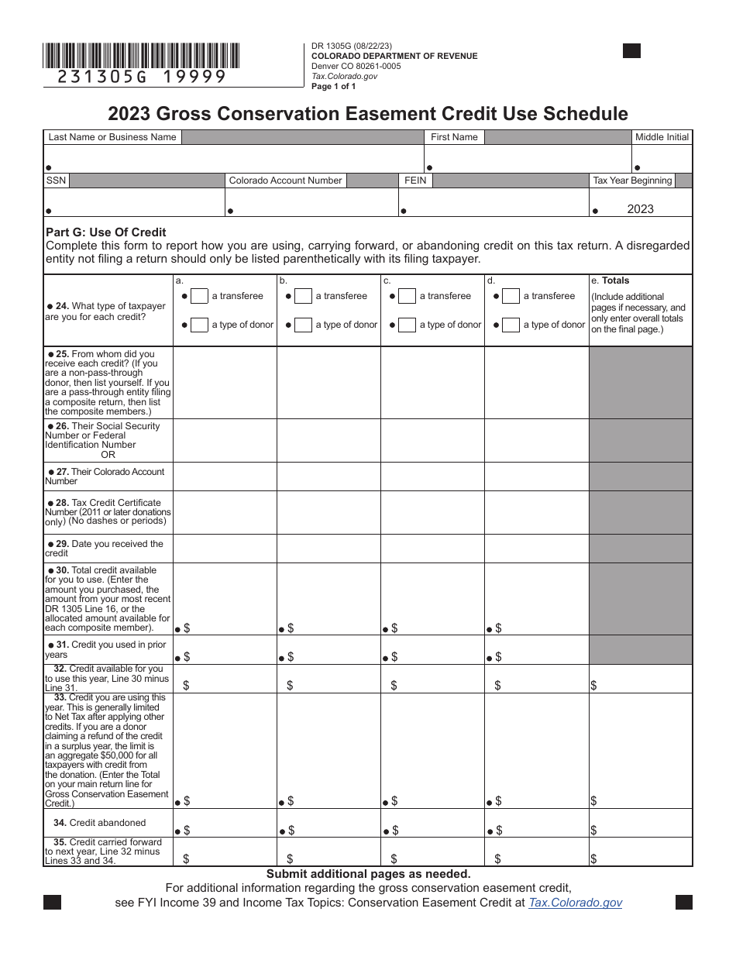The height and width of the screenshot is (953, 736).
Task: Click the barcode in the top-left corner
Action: point(142,55)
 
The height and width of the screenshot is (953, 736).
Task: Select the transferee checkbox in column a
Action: point(199,296)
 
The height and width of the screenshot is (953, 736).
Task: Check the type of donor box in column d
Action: point(511,325)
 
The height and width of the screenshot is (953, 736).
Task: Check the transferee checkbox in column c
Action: point(407,296)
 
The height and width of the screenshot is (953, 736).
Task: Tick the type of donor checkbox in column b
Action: point(303,325)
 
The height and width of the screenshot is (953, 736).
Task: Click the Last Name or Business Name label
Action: point(112,137)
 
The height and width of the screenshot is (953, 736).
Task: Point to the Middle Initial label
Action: point(662,137)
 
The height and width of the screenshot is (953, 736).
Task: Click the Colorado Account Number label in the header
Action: point(285,181)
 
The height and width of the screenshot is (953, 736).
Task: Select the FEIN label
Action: point(414,181)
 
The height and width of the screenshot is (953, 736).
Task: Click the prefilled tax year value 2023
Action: point(641,209)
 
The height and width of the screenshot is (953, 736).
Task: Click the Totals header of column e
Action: point(615,280)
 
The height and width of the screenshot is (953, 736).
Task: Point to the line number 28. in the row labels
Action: point(62,503)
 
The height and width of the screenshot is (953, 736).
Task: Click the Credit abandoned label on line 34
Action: point(100,823)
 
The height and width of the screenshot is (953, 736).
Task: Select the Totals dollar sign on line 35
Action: point(593,858)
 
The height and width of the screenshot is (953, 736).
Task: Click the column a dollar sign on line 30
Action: point(187,628)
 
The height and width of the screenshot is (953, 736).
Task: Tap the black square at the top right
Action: point(631,51)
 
